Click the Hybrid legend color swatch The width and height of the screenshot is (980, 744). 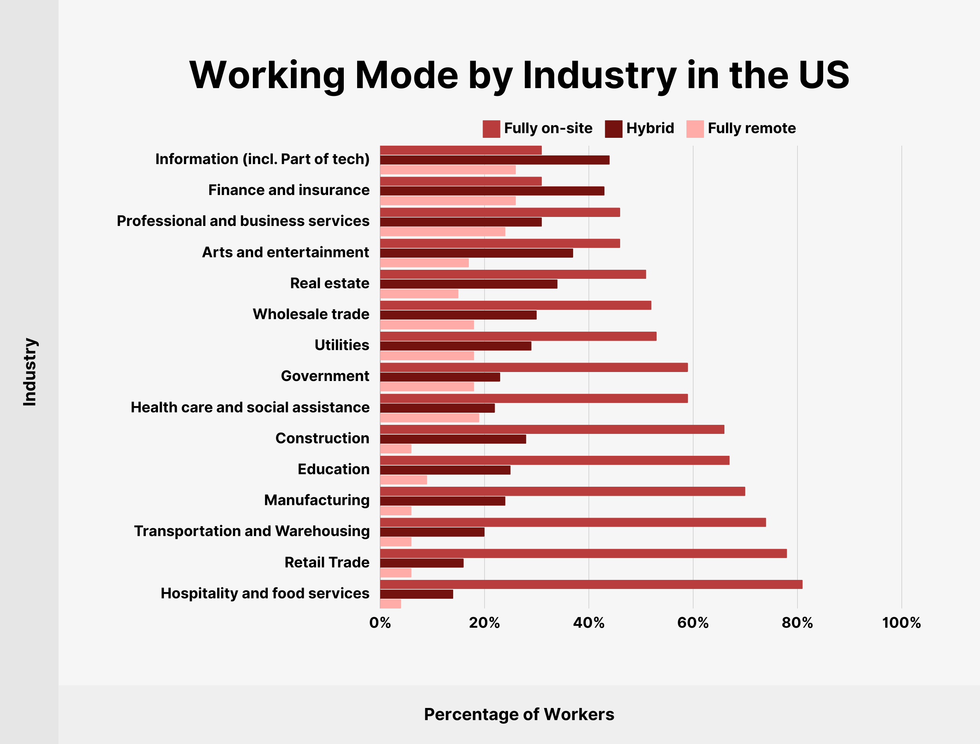tap(613, 129)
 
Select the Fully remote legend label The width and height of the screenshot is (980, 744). tap(751, 128)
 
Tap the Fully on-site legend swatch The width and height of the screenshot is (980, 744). tap(491, 129)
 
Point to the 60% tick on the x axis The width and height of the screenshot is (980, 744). tap(693, 623)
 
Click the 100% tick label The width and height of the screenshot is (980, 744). tap(901, 623)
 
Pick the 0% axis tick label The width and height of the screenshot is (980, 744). tap(380, 623)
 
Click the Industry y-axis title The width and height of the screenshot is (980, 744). tap(30, 372)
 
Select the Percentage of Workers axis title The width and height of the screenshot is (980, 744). tap(519, 714)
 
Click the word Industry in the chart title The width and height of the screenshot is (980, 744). tap(599, 75)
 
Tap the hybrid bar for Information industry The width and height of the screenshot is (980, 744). tap(494, 160)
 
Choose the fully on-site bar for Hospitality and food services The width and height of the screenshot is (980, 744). tap(591, 584)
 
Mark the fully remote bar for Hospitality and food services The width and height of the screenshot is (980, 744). tap(390, 603)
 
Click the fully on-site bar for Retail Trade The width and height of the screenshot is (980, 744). tap(583, 553)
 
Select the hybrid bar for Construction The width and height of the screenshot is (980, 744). tap(452, 439)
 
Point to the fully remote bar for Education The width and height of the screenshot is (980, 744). tap(403, 480)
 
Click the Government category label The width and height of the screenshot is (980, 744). tap(325, 376)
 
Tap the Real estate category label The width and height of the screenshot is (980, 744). tap(329, 283)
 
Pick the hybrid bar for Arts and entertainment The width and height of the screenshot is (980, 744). tap(476, 253)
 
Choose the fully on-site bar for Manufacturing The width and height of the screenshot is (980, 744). tap(562, 491)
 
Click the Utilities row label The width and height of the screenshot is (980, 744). tap(342, 345)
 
